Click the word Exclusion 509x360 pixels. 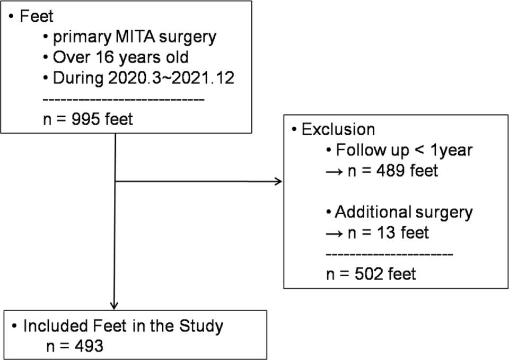point(338,129)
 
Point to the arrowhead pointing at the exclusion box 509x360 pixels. point(278,182)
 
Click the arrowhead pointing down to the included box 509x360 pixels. point(115,305)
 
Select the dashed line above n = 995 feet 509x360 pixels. point(123,99)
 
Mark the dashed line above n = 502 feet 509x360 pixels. point(389,254)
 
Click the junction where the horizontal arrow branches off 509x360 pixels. point(115,182)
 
